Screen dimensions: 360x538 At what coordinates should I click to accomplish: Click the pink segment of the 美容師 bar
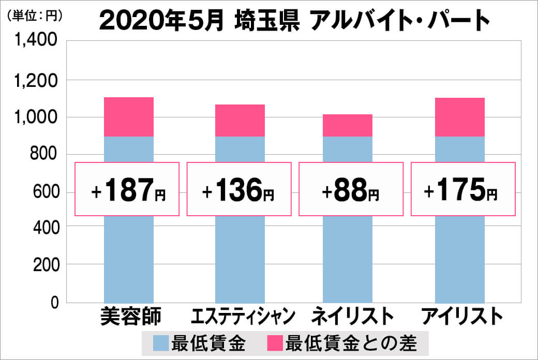(x=129, y=117)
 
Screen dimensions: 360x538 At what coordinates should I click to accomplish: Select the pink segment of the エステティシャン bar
(x=240, y=121)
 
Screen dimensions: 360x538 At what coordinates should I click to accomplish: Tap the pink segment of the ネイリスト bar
(x=348, y=126)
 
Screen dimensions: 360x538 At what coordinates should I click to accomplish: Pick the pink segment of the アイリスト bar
(x=460, y=117)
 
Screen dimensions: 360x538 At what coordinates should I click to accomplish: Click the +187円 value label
(x=128, y=189)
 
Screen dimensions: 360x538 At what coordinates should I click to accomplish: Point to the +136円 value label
(x=239, y=189)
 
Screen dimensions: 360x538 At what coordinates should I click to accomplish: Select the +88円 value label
(x=351, y=189)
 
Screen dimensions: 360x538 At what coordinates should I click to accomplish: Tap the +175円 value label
(x=462, y=189)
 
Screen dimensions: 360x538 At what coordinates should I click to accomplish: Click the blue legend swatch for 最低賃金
(x=162, y=343)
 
